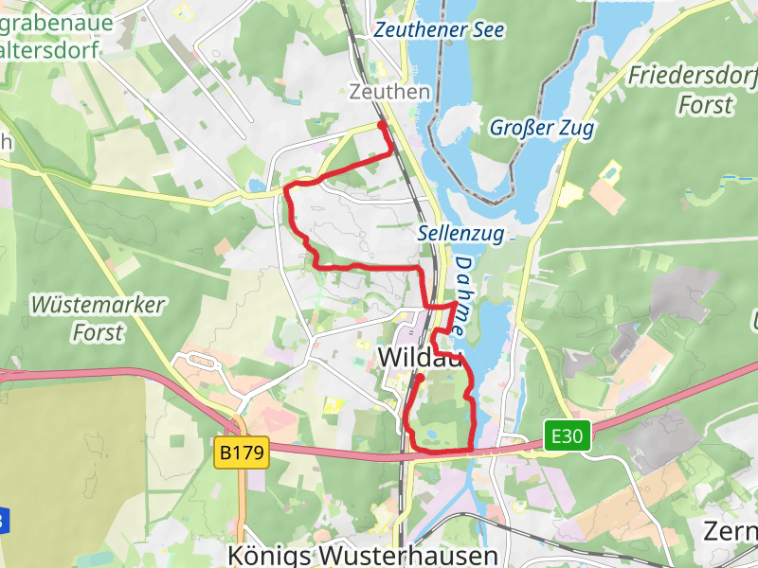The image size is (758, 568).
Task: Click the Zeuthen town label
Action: coord(389,92)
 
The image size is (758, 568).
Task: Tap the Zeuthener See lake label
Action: coord(422,29)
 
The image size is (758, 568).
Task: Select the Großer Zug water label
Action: coord(542,128)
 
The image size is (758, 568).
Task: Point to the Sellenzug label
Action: coord(460,233)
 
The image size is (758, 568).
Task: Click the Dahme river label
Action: coord(461,294)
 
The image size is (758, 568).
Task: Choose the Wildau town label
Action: coord(420,357)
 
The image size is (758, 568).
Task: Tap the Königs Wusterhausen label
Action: coord(364,555)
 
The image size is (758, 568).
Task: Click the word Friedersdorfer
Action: coord(694,75)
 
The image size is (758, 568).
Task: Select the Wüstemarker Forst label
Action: coord(98,319)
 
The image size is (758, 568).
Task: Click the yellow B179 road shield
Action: coord(243,453)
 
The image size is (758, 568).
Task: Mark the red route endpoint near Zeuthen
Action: coord(382,125)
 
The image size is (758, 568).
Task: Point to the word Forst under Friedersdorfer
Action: coord(706,103)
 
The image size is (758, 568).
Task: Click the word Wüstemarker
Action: coord(98,306)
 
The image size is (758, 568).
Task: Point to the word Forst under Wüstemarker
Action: coord(98,332)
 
